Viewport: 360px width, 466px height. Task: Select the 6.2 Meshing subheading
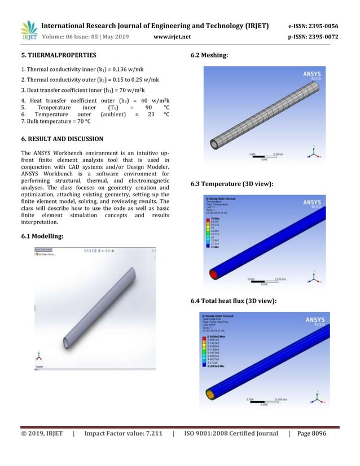point(210,56)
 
